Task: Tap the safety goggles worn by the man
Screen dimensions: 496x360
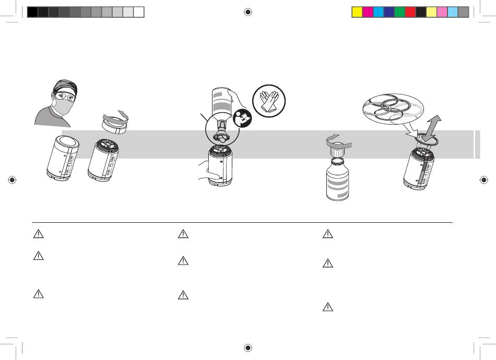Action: pyautogui.click(x=63, y=96)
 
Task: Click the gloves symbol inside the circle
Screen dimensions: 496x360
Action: pyautogui.click(x=269, y=101)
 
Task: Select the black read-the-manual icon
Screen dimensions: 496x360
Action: pyautogui.click(x=242, y=118)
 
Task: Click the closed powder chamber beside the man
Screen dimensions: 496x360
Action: pyautogui.click(x=63, y=158)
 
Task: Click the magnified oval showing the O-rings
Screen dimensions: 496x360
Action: pyautogui.click(x=393, y=109)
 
